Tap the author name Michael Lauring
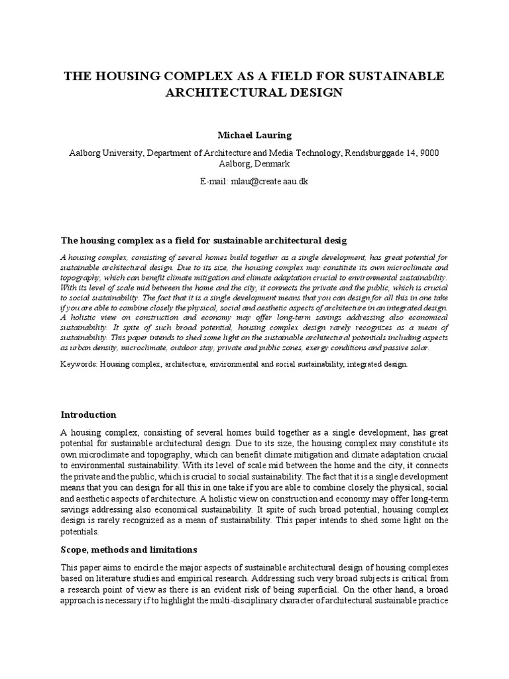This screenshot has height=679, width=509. pyautogui.click(x=254, y=135)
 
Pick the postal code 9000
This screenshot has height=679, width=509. pyautogui.click(x=426, y=153)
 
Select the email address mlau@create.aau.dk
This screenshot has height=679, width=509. pyautogui.click(x=270, y=181)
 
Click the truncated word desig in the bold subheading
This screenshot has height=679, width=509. pyautogui.click(x=335, y=239)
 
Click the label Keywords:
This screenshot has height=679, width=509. pyautogui.click(x=79, y=364)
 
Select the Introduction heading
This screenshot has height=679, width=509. pyautogui.click(x=88, y=414)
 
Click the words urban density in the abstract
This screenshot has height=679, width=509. pyautogui.click(x=93, y=347)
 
